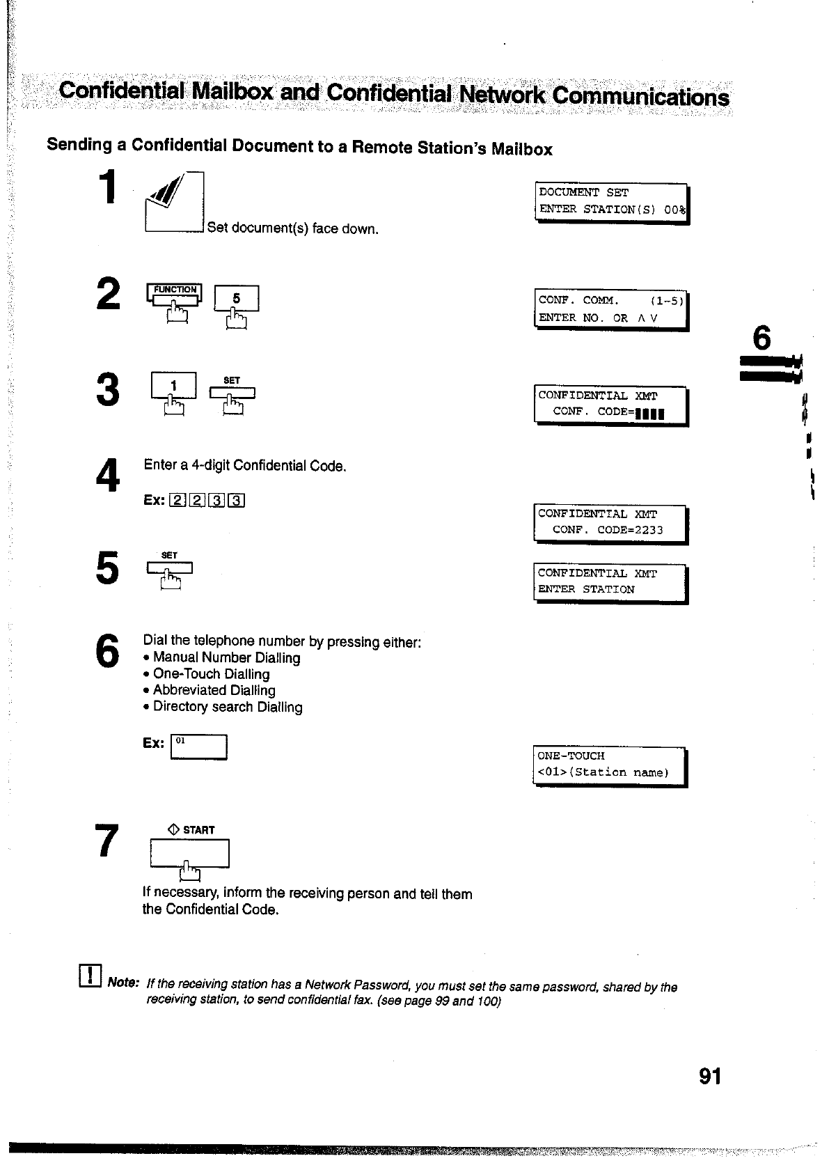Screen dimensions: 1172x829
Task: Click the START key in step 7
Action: point(189,854)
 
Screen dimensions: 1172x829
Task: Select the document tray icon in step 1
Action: point(173,203)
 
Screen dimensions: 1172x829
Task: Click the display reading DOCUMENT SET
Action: point(612,201)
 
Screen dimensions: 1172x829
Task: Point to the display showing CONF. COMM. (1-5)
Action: point(612,309)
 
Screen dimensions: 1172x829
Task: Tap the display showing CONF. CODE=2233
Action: point(611,523)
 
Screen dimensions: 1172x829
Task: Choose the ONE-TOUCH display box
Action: point(610,765)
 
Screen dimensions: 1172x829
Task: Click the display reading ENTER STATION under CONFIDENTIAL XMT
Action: point(611,582)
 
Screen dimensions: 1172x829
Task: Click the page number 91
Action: point(710,1077)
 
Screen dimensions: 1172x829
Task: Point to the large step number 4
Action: point(108,476)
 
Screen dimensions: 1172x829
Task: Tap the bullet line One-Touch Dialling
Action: point(211,674)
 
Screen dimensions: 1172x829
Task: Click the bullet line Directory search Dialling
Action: point(228,707)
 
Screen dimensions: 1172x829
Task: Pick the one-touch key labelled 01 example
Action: point(199,747)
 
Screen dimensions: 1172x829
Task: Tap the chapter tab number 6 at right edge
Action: point(762,338)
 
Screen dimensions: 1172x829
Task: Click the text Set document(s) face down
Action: point(293,228)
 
